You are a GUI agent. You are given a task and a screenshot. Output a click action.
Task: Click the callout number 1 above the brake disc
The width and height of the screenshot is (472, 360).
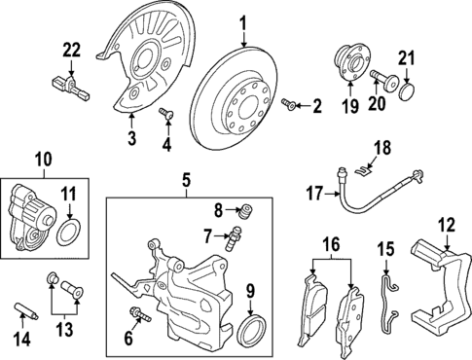point(243,21)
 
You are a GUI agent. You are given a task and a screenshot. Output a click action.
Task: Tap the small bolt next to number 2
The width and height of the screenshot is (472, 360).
point(289,103)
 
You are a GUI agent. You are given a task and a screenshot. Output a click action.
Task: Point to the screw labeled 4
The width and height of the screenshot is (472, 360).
point(165,116)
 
